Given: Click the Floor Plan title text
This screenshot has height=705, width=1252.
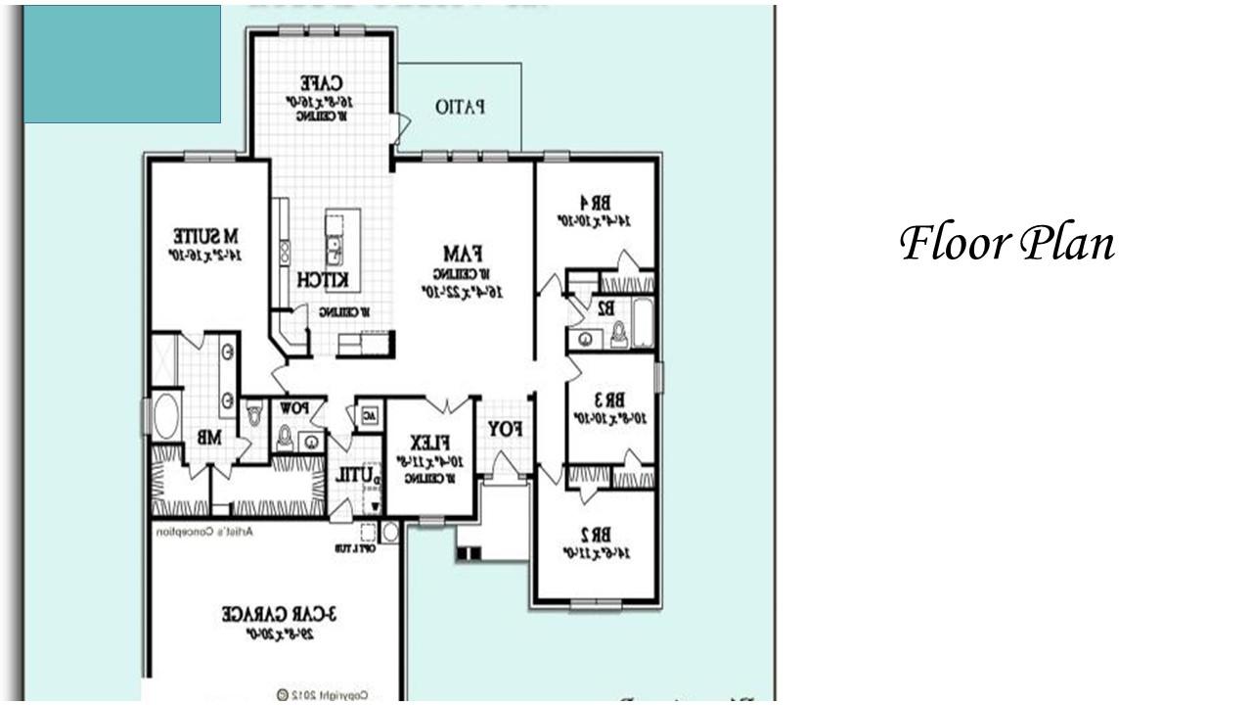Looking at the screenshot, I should [1006, 243].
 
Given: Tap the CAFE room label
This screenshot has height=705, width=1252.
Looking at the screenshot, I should [320, 83].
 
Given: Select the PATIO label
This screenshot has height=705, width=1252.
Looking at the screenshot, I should [460, 106].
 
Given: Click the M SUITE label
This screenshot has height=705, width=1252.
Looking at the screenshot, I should [205, 237].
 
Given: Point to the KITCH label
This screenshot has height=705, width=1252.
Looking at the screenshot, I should [323, 280].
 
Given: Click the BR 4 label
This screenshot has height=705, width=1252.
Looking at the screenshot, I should [594, 203].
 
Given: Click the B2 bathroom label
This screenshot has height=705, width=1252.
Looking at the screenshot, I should [605, 307].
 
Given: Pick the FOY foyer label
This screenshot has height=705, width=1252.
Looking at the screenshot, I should [505, 429].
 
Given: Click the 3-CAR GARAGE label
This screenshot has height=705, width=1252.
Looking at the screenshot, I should [279, 614].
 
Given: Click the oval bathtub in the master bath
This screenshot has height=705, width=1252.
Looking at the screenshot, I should [164, 416].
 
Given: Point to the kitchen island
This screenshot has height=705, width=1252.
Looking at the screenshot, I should [342, 251].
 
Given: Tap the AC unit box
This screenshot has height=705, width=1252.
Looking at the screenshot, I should [368, 414].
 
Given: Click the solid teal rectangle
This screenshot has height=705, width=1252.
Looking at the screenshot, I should [122, 65].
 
